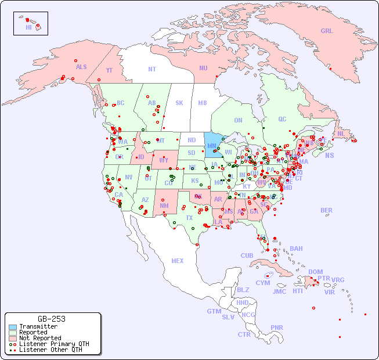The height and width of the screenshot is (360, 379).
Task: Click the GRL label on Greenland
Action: [327, 31]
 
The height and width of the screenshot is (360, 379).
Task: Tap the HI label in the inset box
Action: [28, 27]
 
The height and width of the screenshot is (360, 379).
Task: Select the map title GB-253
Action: [52, 319]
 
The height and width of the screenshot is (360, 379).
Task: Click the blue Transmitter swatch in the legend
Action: [12, 327]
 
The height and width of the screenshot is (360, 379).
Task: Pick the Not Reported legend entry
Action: [39, 338]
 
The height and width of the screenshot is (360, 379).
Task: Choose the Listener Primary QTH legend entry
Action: [53, 344]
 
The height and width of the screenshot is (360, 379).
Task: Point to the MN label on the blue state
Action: [212, 146]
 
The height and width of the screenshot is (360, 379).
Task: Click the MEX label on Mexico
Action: [178, 261]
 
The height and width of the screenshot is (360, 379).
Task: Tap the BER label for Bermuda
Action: [327, 210]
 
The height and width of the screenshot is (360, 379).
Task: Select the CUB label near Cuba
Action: [247, 255]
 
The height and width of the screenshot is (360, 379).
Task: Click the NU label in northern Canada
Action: [203, 68]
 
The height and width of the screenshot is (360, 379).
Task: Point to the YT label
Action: [109, 70]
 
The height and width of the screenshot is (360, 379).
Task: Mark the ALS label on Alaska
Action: [81, 67]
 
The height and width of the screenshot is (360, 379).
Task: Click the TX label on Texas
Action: [189, 218]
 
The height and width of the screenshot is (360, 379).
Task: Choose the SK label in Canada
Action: [179, 103]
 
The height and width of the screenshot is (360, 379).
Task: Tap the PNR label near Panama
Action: [277, 327]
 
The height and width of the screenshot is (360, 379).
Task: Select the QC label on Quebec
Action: [282, 119]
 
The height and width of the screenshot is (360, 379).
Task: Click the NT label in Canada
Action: [152, 69]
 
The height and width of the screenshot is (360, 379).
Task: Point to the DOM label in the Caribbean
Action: [315, 272]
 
